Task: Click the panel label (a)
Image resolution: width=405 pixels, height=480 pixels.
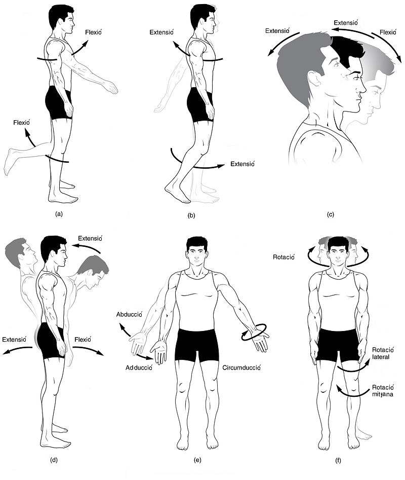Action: coord(59,214)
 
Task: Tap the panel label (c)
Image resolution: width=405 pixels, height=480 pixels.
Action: coord(331,214)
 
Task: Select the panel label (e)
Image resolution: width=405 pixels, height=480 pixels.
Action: coord(198,460)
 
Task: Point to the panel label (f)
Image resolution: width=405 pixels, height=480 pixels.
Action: coord(338,460)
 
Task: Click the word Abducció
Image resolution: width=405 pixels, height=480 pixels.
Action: coord(129,314)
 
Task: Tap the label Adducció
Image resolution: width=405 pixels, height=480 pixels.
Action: coord(139,367)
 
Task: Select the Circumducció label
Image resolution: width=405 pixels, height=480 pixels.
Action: coord(241,367)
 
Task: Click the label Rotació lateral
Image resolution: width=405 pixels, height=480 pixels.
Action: coord(383,353)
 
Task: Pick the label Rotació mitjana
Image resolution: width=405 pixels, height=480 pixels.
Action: coord(383,391)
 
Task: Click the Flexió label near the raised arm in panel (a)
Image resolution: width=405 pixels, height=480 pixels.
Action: coord(93,32)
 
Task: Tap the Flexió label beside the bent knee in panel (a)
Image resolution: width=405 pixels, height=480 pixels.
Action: coord(21,123)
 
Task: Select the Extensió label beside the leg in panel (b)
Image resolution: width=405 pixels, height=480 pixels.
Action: coord(242,164)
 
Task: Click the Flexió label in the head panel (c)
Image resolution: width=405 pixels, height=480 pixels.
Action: coord(388,32)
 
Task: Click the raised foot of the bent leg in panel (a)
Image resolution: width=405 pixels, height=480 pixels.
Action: coord(9,162)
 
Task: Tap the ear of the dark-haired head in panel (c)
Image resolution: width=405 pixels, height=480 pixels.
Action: coord(314,79)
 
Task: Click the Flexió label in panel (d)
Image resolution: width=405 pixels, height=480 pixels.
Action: coord(83,339)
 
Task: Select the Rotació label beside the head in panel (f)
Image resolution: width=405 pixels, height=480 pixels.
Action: coord(283,257)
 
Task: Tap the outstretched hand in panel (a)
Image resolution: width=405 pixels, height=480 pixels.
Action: coord(111,87)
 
